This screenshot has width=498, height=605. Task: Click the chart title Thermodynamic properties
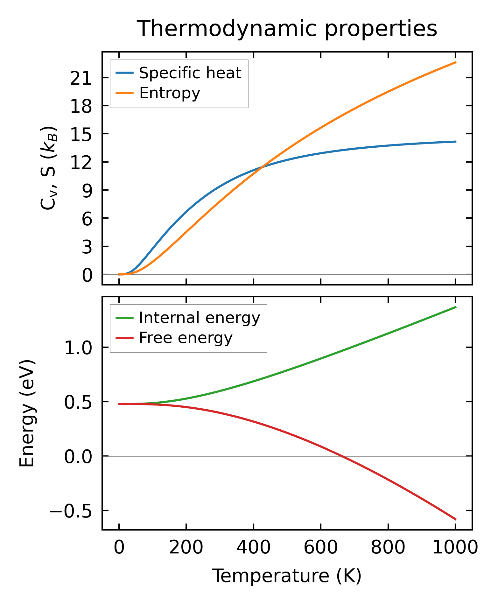coord(287,29)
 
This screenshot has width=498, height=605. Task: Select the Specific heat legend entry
coord(190,73)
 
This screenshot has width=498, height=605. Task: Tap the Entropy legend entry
coord(170,93)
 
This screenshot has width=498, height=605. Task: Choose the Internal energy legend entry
coord(200,318)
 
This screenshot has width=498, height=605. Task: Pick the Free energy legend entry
coord(186,338)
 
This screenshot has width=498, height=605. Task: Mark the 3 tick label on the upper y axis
coord(87,247)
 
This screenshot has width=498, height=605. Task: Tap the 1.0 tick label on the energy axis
coord(78,348)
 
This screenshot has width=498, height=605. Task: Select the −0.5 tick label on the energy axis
coord(70,511)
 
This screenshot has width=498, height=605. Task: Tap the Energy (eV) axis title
coord(27,414)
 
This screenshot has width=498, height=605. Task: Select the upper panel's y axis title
coord(48,168)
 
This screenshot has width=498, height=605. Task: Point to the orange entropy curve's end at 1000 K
coord(456,62)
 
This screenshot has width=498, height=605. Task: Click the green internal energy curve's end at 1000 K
coord(456,307)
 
